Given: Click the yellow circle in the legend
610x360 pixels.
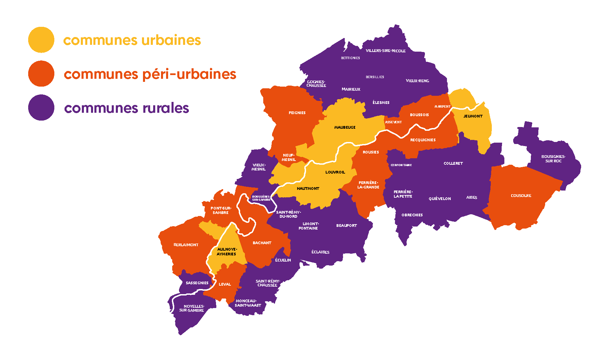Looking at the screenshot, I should [41, 40].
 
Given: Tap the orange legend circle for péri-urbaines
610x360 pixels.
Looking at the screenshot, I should [41, 74].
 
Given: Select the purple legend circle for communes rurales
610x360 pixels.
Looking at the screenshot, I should [41, 107].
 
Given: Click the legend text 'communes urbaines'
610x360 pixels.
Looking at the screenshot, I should [132, 40].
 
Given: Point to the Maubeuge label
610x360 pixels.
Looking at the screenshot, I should [345, 127].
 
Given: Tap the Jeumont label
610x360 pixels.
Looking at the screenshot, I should [473, 116].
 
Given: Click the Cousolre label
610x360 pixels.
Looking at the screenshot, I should [521, 196].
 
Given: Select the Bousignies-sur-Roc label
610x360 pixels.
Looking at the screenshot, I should [553, 159].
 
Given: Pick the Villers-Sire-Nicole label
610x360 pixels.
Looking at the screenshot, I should [385, 51].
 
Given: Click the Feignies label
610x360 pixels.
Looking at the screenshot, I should [297, 113].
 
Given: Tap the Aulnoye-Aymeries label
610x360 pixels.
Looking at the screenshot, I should [227, 252].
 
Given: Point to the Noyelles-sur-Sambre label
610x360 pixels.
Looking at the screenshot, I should [192, 308].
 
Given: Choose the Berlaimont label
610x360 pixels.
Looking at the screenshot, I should [186, 245].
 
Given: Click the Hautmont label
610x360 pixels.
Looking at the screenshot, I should [308, 188].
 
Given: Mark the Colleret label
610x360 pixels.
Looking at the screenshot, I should [453, 163].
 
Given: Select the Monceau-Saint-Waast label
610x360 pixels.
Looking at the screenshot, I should [248, 303].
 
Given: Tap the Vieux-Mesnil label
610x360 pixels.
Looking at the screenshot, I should [259, 167].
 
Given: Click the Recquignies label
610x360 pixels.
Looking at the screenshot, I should [423, 140].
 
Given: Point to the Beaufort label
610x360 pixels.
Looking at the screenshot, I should [346, 226].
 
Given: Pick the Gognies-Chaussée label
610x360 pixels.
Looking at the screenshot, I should [316, 84].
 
